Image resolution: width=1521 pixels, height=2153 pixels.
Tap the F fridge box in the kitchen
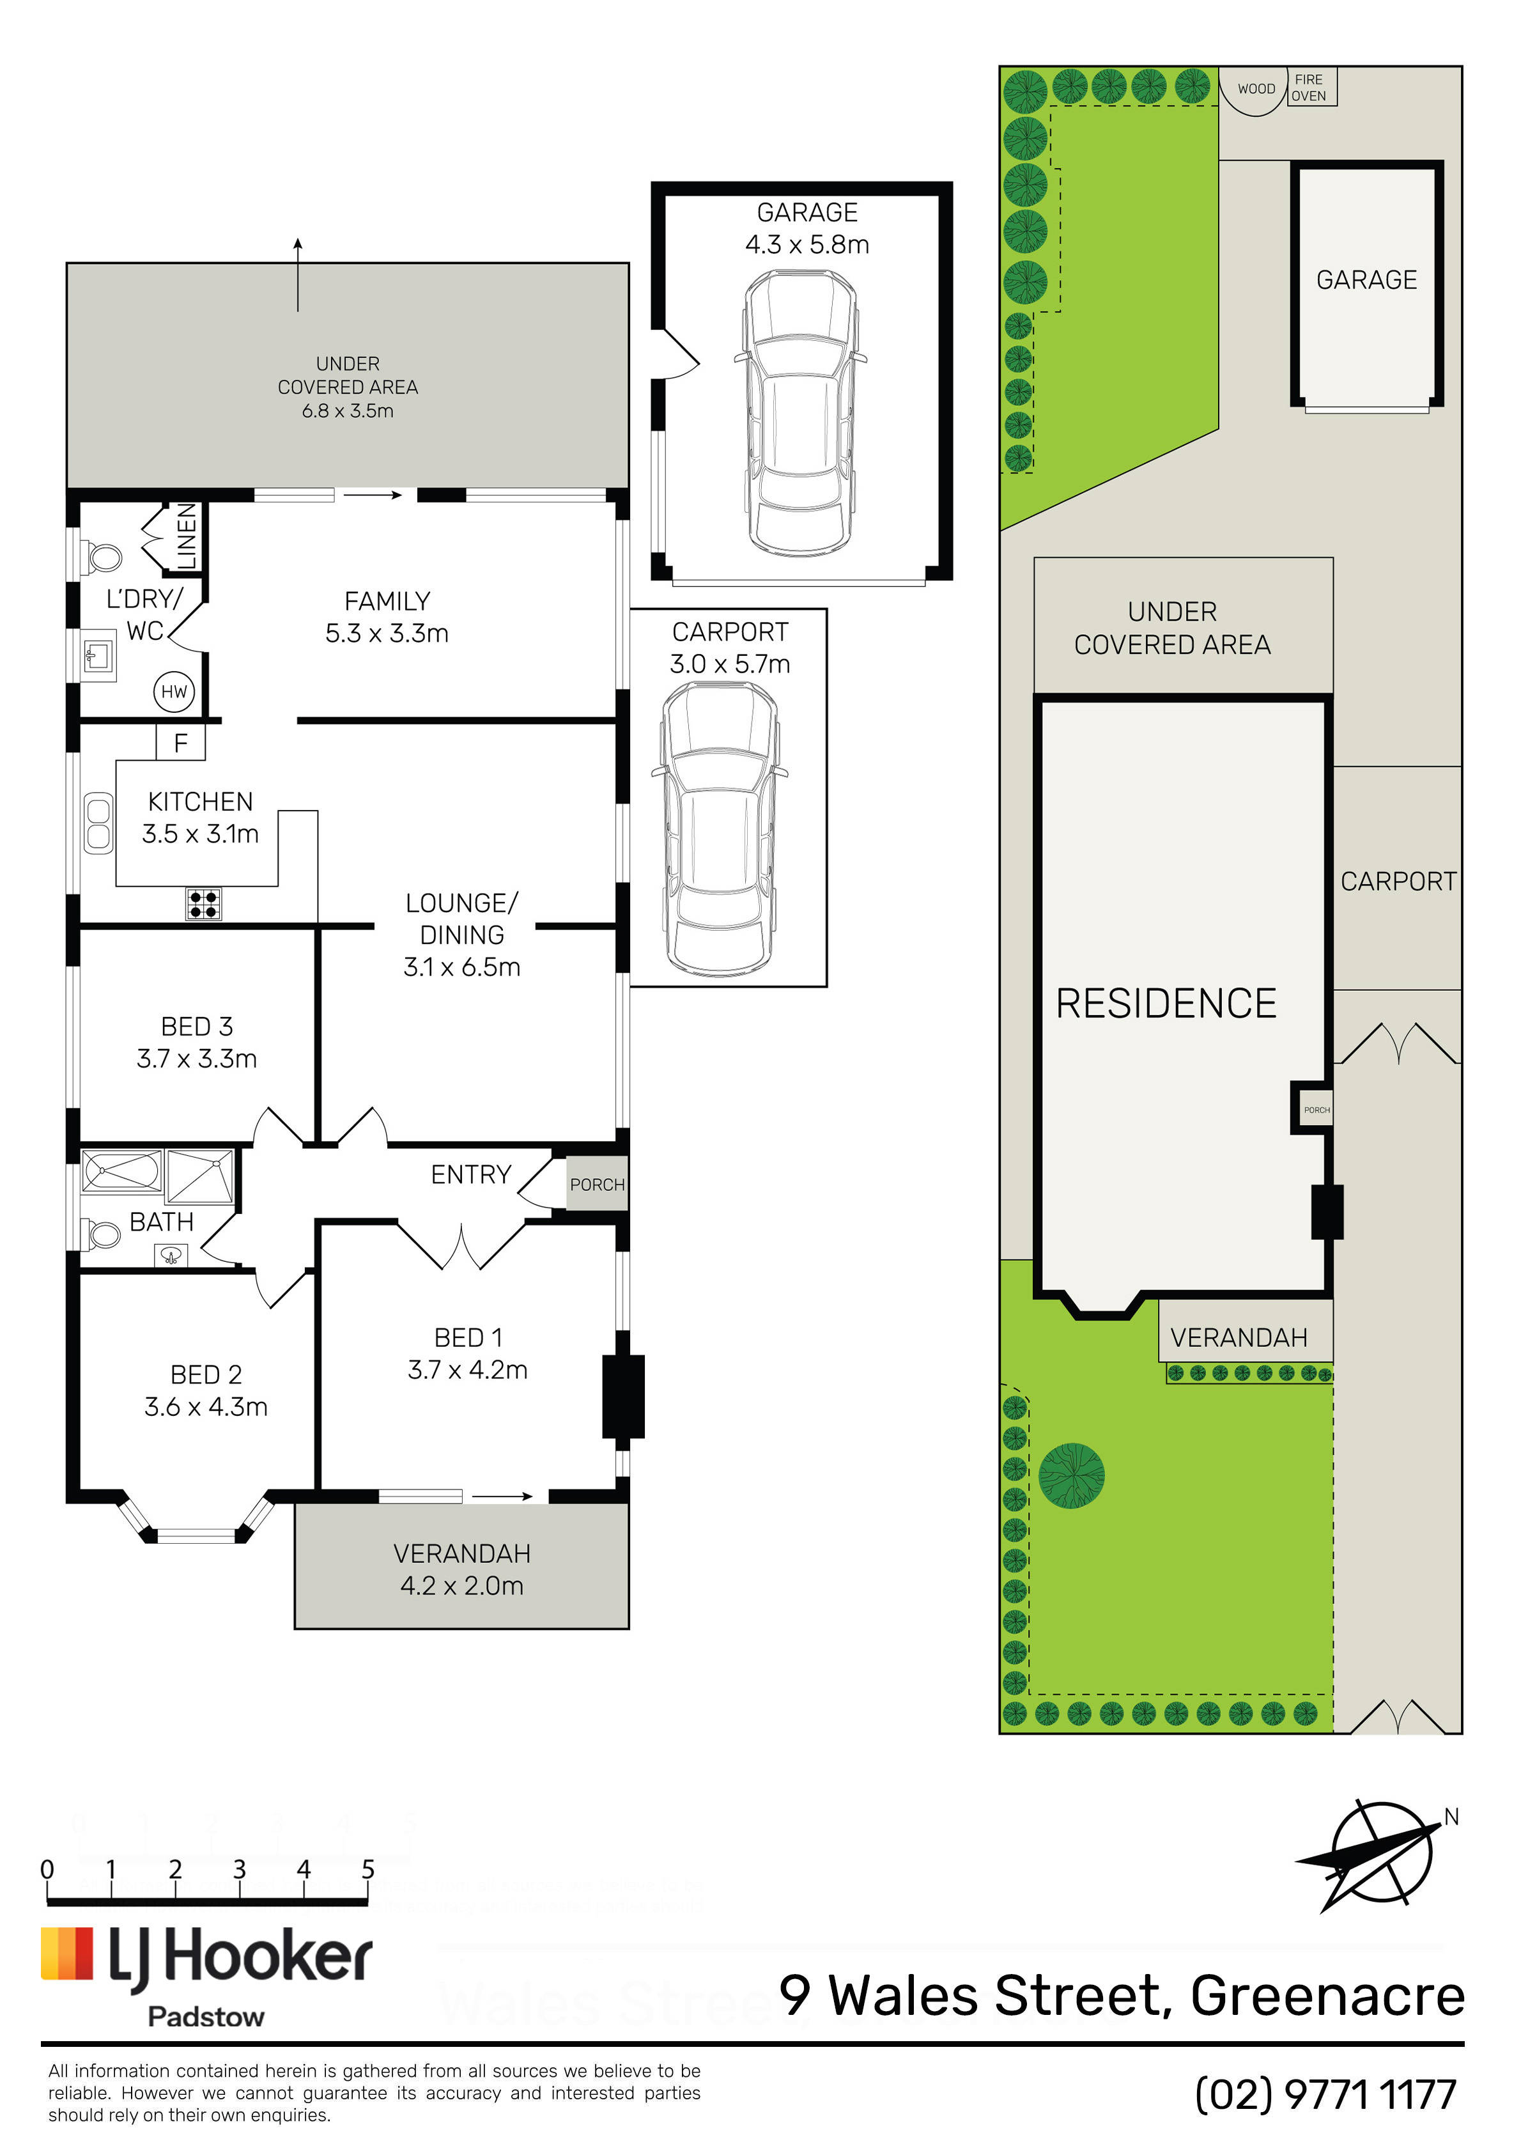pos(181,743)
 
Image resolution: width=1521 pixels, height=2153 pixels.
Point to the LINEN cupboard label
pos(187,536)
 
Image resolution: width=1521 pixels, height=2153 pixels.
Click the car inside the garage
pos(801,412)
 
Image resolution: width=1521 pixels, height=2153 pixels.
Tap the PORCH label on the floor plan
pos(598,1185)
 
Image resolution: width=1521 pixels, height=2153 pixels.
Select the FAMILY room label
pos(387,601)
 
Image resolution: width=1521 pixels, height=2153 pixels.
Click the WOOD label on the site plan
pos(1256,89)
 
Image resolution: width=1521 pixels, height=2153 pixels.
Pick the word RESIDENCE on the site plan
pos(1166,1004)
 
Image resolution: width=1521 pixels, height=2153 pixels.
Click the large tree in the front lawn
pos(1072,1475)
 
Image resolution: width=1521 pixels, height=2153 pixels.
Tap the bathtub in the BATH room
pos(122,1170)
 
